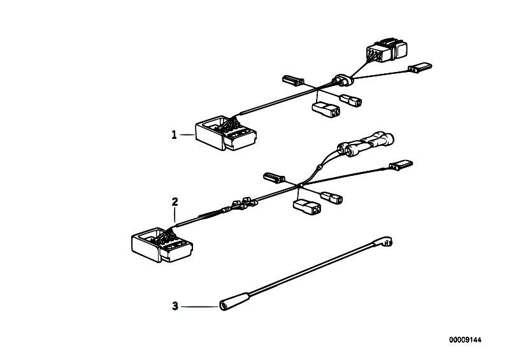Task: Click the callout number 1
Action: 173,134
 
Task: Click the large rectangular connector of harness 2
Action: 160,244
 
